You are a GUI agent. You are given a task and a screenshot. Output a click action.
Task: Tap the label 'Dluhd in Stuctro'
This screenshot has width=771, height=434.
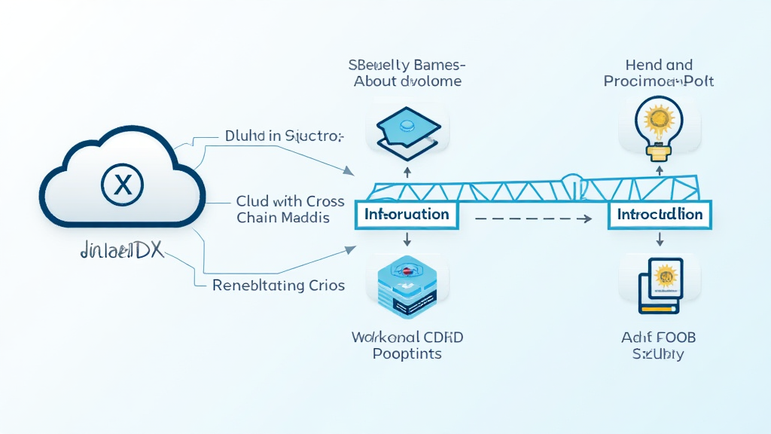[x=284, y=136]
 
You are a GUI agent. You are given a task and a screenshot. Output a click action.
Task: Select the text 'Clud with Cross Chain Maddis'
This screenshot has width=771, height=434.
[x=290, y=209]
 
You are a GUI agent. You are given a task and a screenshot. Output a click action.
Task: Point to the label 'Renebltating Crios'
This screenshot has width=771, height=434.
[x=279, y=285]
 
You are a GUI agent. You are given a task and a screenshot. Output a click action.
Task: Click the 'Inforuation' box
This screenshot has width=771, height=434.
[x=407, y=214]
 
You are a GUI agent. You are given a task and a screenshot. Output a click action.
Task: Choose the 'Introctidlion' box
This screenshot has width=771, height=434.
[x=660, y=214]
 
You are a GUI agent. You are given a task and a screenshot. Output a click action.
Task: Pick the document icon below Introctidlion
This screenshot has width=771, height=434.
[x=660, y=284]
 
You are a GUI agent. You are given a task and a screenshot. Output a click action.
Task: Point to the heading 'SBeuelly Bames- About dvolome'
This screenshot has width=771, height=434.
[x=407, y=72]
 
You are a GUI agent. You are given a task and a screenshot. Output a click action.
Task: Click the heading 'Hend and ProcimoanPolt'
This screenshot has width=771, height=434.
[x=659, y=72]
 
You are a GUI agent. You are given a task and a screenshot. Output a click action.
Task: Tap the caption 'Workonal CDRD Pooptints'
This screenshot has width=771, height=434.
[x=407, y=345]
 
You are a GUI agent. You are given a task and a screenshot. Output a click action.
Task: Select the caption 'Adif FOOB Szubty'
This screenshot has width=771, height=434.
[x=659, y=345]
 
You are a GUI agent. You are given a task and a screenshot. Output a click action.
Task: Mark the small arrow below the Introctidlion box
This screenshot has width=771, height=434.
[x=660, y=239]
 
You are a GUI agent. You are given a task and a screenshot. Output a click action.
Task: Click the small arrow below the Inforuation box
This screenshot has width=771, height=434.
[x=407, y=240]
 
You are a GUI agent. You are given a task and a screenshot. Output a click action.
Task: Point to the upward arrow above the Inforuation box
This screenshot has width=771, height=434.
[x=407, y=173]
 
